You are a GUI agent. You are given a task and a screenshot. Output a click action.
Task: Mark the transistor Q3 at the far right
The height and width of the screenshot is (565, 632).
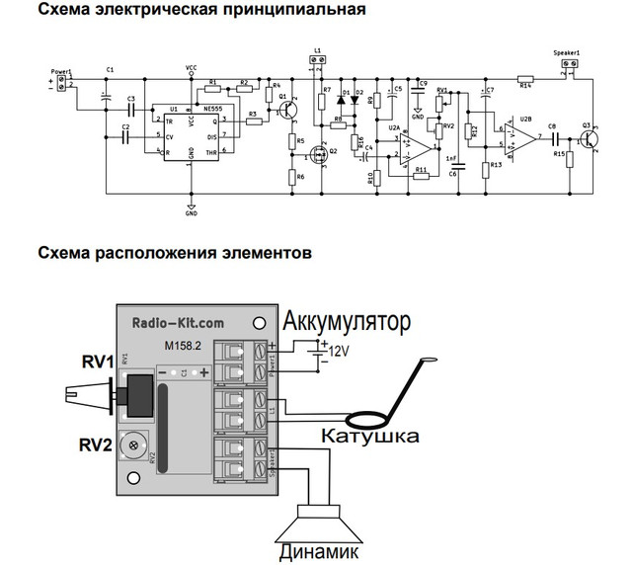591,139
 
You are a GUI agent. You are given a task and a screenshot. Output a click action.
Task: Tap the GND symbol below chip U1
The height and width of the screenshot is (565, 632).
191,208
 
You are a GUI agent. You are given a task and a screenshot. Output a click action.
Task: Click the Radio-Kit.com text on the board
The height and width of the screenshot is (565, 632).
178,322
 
